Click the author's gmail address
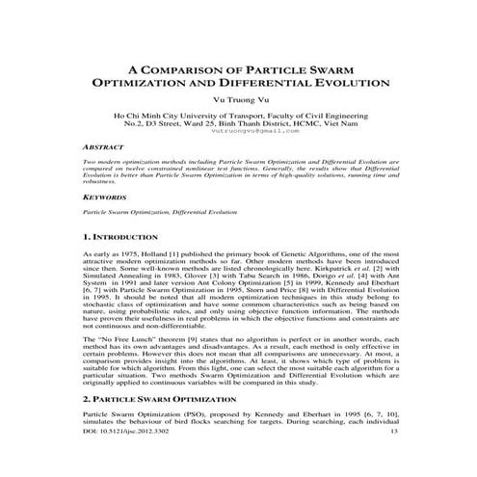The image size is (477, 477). click(239, 133)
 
